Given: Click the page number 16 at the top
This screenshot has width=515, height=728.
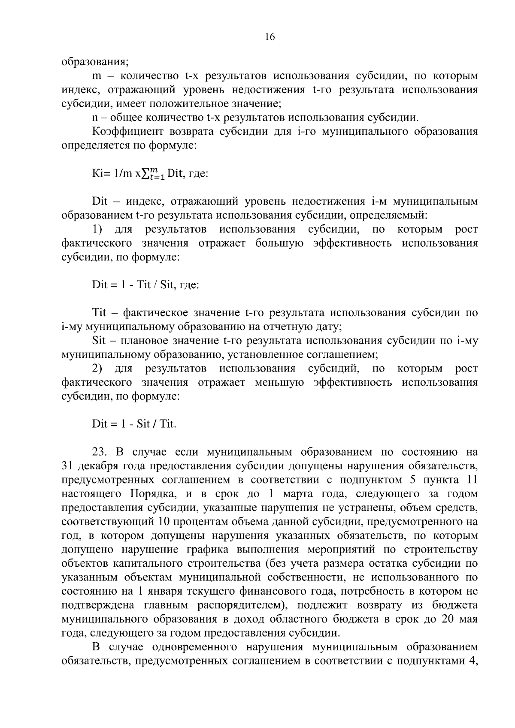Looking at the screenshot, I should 270,37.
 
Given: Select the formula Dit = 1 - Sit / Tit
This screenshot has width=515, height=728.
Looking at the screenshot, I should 134,424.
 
